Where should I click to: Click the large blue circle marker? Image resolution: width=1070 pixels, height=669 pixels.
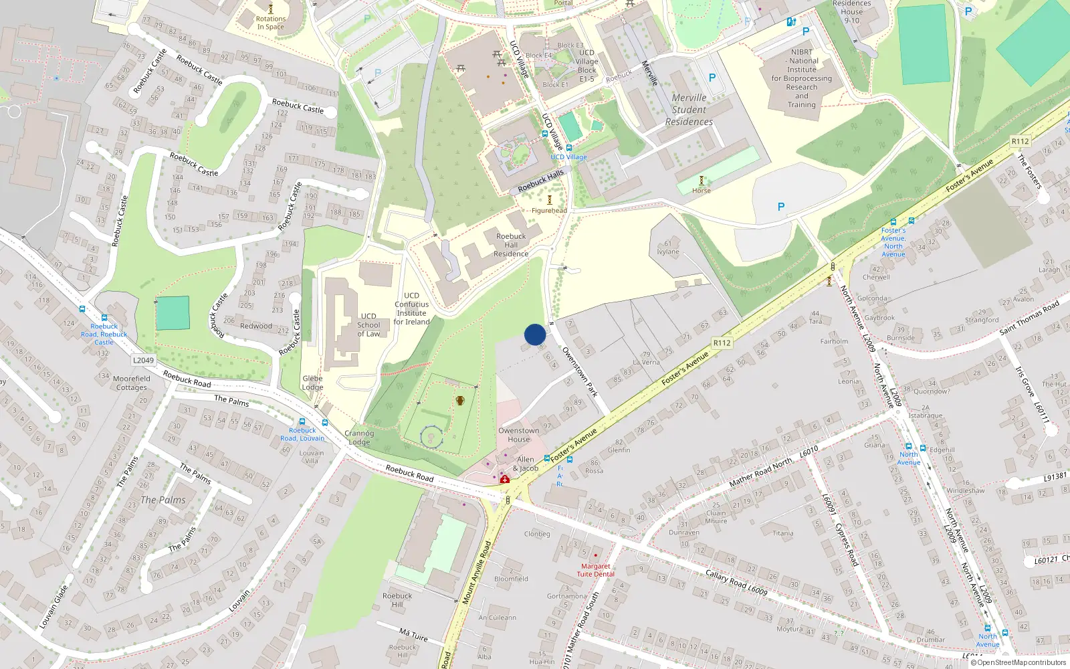pyautogui.click(x=535, y=334)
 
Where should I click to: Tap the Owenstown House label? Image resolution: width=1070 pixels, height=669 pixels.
pyautogui.click(x=518, y=435)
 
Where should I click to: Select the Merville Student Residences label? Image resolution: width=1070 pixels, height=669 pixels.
pyautogui.click(x=689, y=110)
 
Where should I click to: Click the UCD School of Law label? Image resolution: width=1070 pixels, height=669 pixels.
pyautogui.click(x=368, y=325)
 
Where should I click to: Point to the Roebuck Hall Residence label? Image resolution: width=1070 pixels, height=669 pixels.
pyautogui.click(x=511, y=245)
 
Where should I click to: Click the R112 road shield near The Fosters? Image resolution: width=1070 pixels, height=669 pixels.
pyautogui.click(x=1020, y=141)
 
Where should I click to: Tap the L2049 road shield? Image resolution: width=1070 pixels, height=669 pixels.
pyautogui.click(x=143, y=360)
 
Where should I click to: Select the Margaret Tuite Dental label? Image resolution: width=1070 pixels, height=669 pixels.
pyautogui.click(x=595, y=570)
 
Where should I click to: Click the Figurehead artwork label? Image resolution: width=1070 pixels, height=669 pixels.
pyautogui.click(x=549, y=210)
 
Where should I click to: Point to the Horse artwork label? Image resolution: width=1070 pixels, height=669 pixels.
pyautogui.click(x=702, y=191)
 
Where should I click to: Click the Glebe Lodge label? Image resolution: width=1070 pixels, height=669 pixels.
pyautogui.click(x=312, y=383)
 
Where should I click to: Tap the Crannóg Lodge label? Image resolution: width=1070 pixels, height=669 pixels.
pyautogui.click(x=359, y=438)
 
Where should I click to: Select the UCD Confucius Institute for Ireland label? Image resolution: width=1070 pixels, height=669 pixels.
pyautogui.click(x=411, y=308)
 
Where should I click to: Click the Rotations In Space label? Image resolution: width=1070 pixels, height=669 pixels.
pyautogui.click(x=271, y=23)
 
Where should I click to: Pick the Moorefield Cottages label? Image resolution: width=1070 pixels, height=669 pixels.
pyautogui.click(x=132, y=383)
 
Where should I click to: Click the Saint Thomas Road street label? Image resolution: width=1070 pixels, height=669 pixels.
pyautogui.click(x=1029, y=316)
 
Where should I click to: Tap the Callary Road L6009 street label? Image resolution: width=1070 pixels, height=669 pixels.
pyautogui.click(x=736, y=582)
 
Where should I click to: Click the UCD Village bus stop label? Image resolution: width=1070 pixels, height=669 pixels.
pyautogui.click(x=568, y=157)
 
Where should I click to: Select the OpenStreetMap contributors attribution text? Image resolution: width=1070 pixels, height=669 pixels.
pyautogui.click(x=1021, y=662)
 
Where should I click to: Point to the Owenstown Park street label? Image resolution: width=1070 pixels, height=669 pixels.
pyautogui.click(x=579, y=372)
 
